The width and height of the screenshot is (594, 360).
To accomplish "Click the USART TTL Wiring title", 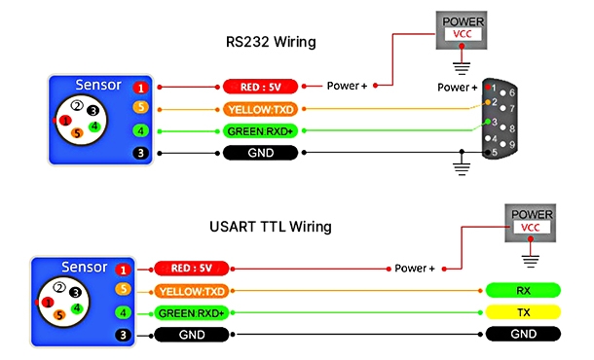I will pos(273,227).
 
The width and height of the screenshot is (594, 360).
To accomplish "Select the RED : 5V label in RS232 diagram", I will pos(263,86).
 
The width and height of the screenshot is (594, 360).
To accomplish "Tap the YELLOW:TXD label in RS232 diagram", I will pos(263,108).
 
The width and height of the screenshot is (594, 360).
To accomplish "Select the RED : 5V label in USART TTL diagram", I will pos(193,270).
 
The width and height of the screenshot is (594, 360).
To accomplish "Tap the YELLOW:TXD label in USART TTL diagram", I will pos(193,291).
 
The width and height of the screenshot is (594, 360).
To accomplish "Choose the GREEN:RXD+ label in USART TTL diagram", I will pos(193,312).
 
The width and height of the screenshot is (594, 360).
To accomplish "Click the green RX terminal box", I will pos(523,291).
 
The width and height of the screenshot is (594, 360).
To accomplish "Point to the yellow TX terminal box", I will pos(523,312).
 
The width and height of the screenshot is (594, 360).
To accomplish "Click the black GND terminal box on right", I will pos(523,334).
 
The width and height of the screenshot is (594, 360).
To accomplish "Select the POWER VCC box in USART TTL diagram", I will pos(531,220).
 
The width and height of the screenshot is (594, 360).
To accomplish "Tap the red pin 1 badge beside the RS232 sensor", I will pos(140,87).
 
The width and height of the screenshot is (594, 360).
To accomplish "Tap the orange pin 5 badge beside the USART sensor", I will pos(123,290).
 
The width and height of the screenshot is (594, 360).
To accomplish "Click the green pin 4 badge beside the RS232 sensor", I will pos(140,130).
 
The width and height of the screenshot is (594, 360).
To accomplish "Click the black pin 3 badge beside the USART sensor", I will pos(123,334).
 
